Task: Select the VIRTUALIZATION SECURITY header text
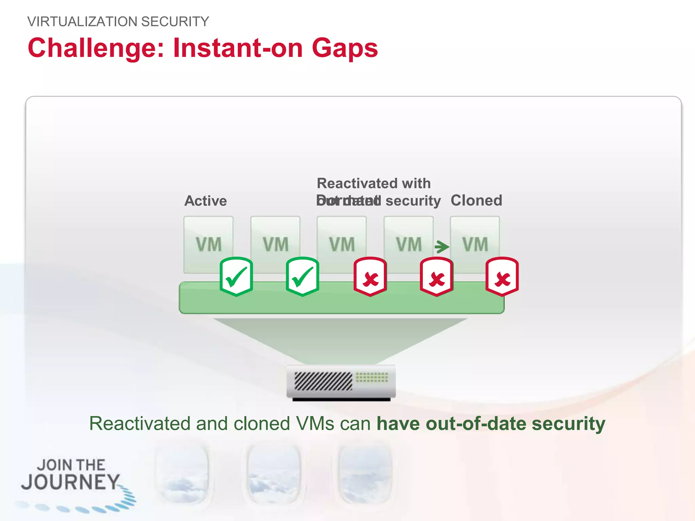pos(118,22)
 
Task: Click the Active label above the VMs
pos(205,201)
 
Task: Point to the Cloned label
pos(476,200)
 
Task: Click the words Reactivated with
pos(374,183)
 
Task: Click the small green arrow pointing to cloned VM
pos(442,247)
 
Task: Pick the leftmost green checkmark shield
pos(236,276)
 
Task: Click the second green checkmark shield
pos(302,276)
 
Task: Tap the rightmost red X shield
pos(502,276)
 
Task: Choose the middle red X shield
pos(436,276)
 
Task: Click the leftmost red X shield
pos(370,276)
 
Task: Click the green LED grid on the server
pos(372,377)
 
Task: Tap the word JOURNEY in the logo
pos(70,482)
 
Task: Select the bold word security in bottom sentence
pos(568,424)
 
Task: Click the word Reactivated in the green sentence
pos(139,424)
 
